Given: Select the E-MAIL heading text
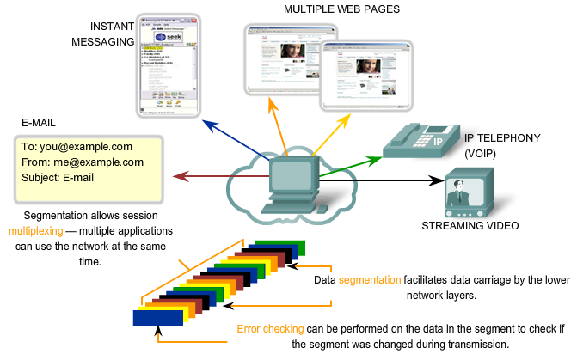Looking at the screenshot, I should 40,124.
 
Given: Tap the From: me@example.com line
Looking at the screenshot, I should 83,162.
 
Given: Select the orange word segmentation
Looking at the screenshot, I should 369,280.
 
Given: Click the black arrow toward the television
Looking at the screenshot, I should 378,180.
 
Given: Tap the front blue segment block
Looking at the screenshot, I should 158,317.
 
